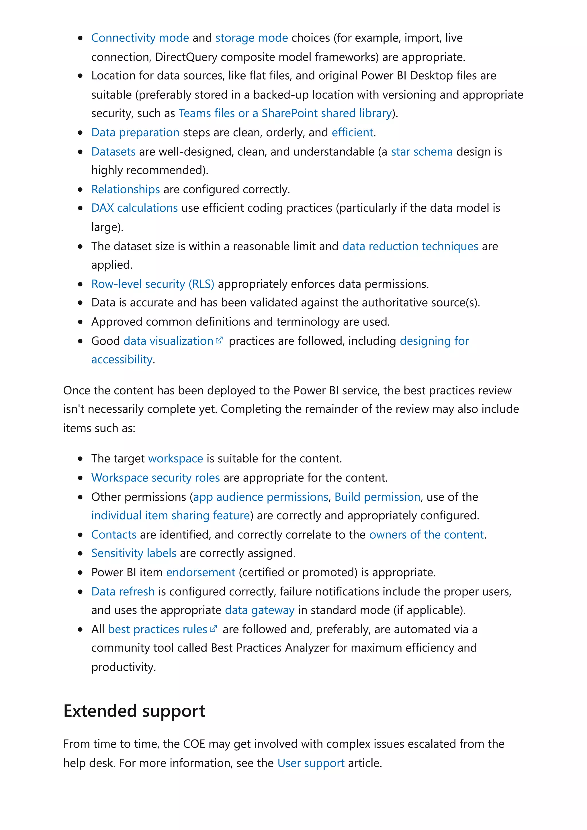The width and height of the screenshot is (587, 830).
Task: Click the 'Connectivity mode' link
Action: coord(140,38)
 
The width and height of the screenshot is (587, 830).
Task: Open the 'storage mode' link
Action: coord(251,38)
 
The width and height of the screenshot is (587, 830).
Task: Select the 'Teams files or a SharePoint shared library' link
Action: coord(285,113)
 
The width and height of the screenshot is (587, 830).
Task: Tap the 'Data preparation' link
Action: coord(135,133)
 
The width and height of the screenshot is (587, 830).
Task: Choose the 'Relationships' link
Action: coord(126,189)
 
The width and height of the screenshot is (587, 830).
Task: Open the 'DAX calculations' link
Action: coord(134,208)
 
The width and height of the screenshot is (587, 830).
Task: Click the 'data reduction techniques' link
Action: coord(410,247)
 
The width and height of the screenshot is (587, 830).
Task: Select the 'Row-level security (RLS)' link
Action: coord(153,284)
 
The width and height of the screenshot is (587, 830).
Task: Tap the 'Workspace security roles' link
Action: coord(156,478)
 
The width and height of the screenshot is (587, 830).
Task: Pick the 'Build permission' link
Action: coord(377,497)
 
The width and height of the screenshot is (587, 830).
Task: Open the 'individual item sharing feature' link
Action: coord(170,516)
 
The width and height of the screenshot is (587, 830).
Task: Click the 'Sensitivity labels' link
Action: coord(134,553)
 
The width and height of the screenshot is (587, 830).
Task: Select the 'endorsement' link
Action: coord(200,573)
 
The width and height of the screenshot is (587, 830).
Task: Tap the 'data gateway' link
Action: coord(259,610)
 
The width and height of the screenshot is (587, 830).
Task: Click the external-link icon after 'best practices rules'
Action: coord(213,629)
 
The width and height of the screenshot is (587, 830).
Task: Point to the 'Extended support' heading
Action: coord(134,711)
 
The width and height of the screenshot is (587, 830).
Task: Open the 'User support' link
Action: coord(311,763)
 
